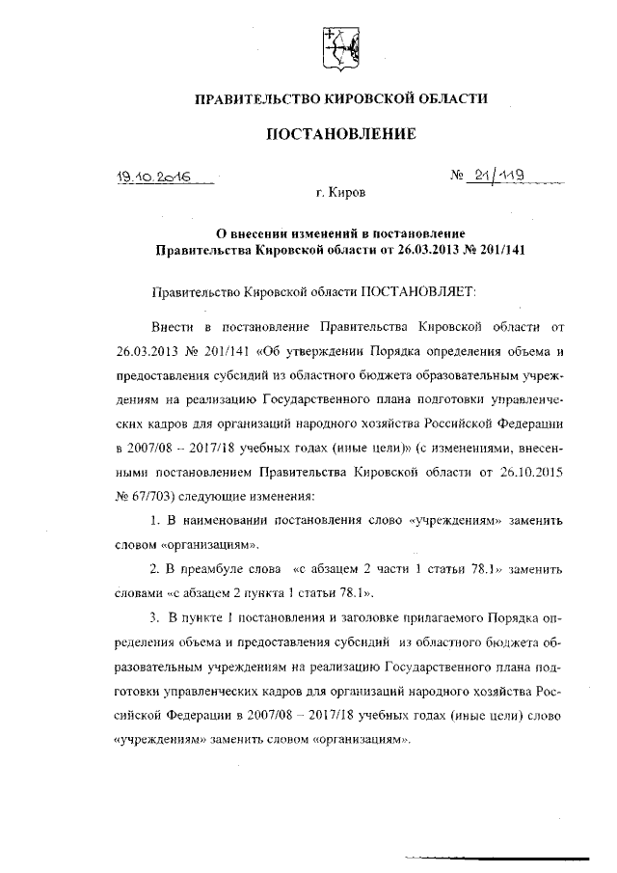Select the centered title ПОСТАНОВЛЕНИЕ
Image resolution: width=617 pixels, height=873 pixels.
(x=340, y=134)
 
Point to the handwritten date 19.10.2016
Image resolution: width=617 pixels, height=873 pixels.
(x=155, y=177)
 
